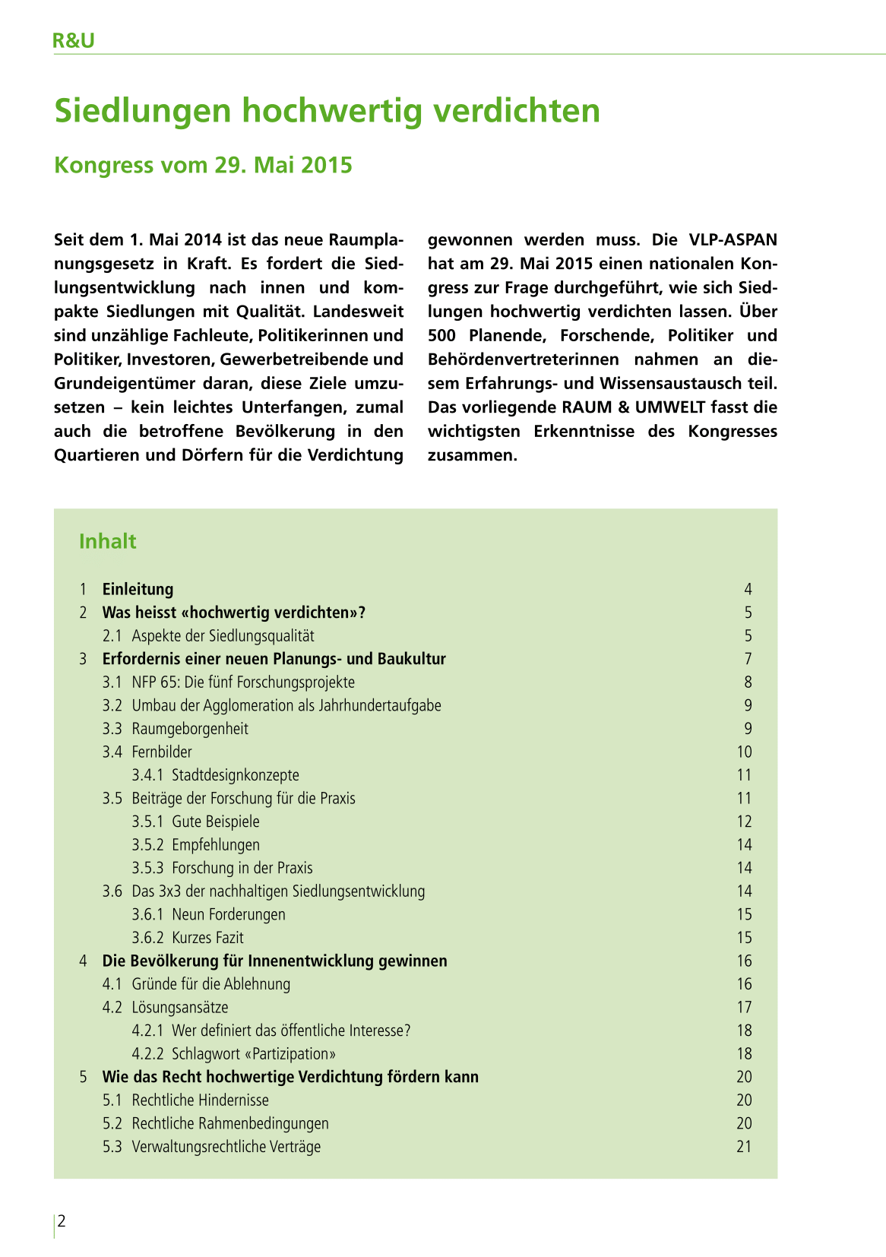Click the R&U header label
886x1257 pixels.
click(x=74, y=41)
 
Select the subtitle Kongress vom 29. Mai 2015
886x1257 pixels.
click(x=203, y=165)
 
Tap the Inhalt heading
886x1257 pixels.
click(x=107, y=541)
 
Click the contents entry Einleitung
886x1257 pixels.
click(x=138, y=589)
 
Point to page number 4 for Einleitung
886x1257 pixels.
click(x=748, y=589)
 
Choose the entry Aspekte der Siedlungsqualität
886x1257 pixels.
click(x=223, y=635)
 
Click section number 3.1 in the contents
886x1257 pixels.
click(x=112, y=682)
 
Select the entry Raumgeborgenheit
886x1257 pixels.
click(x=190, y=729)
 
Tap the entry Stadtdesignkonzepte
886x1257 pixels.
click(x=236, y=775)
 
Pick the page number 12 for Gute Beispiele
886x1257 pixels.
click(x=744, y=822)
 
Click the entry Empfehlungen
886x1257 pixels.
click(x=216, y=845)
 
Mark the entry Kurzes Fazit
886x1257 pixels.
click(x=207, y=938)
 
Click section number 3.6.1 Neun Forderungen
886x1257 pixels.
click(x=147, y=914)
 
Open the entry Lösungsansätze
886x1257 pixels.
click(x=180, y=1007)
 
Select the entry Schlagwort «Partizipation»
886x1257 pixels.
click(x=254, y=1054)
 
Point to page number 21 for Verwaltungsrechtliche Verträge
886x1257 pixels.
click(x=744, y=1147)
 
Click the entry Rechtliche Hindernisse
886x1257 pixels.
click(x=201, y=1100)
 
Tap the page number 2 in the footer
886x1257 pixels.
click(x=62, y=1221)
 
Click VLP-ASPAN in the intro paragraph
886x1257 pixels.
click(x=733, y=240)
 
